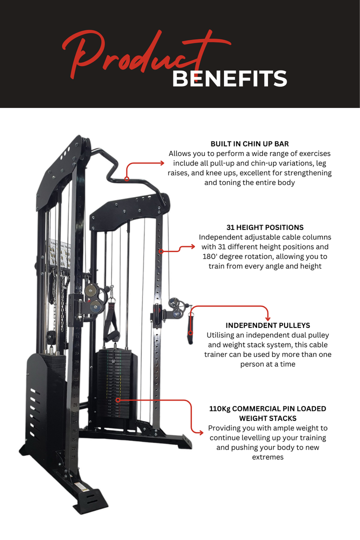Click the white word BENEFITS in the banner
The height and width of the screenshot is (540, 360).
229,78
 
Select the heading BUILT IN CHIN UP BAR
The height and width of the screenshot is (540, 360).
249,144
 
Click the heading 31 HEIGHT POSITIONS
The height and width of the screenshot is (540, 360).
264,227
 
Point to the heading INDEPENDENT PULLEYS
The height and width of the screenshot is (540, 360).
267,325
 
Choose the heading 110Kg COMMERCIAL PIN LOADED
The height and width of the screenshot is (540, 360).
267,408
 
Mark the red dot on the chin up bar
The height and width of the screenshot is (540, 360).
127,178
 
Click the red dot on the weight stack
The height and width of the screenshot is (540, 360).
118,400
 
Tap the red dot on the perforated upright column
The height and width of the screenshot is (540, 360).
160,251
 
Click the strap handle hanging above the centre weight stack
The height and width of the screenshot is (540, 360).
110,322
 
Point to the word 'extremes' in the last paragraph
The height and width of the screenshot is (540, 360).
267,457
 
